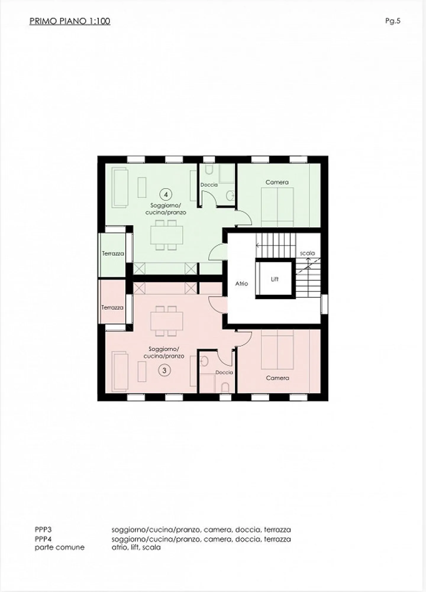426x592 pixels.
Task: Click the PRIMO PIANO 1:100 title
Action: point(70,21)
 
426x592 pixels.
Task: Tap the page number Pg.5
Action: point(393,21)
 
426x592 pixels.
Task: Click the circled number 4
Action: point(166,194)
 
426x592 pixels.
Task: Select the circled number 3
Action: point(164,370)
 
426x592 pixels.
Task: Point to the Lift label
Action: point(275,279)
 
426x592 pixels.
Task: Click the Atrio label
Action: point(241,284)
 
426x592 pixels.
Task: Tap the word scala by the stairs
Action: point(307,253)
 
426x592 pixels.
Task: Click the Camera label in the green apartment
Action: point(277,182)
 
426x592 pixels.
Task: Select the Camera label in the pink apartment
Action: point(277,378)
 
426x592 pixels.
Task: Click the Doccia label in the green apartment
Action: point(209,185)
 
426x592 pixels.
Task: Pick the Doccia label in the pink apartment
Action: point(224,372)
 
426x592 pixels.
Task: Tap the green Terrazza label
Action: point(113,254)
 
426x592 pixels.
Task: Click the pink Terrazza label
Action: point(112,308)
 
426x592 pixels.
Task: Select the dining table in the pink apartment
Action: point(167,321)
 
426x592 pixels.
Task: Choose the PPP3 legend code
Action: point(43,529)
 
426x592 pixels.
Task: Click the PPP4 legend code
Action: point(43,539)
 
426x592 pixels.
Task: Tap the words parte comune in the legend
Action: point(60,547)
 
